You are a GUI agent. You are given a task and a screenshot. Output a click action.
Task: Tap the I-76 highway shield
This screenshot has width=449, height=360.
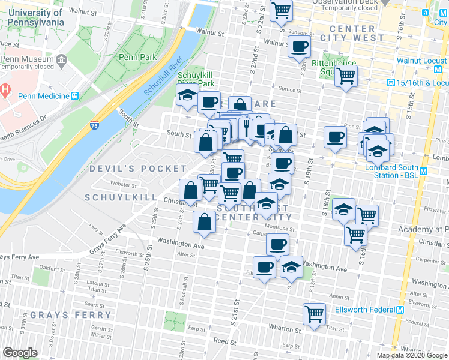95,127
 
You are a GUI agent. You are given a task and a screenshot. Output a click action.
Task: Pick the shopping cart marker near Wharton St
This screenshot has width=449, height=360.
315,313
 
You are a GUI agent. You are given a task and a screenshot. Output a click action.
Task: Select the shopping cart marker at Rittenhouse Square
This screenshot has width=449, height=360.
346,76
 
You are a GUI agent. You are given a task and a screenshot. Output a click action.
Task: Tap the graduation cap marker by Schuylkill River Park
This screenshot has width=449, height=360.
187,95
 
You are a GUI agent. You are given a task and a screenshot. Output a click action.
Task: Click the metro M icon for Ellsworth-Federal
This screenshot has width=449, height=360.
400,310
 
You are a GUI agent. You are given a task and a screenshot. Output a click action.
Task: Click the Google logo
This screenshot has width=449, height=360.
20,352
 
